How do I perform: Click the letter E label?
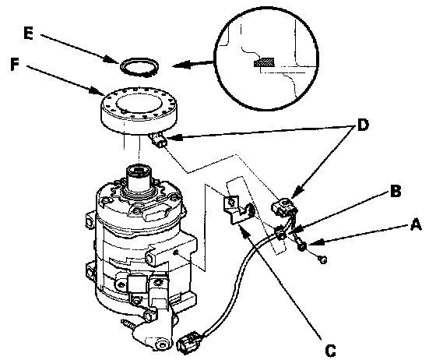click(x=29, y=34)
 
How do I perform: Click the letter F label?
click(x=15, y=65)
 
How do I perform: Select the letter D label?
click(x=363, y=125)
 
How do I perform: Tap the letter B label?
click(x=396, y=191)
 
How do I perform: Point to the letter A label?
click(x=416, y=224)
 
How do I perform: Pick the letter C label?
click(x=330, y=351)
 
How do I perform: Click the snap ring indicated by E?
click(x=139, y=67)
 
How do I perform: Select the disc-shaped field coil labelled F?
click(x=139, y=111)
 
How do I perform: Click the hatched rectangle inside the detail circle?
click(x=264, y=62)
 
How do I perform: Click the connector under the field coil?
click(x=159, y=141)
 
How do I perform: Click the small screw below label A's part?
click(x=322, y=259)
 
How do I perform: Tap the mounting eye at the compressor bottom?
click(x=160, y=344)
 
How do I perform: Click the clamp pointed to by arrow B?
click(x=281, y=233)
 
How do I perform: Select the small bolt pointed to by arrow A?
click(x=301, y=245)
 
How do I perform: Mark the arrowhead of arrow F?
click(x=95, y=91)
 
